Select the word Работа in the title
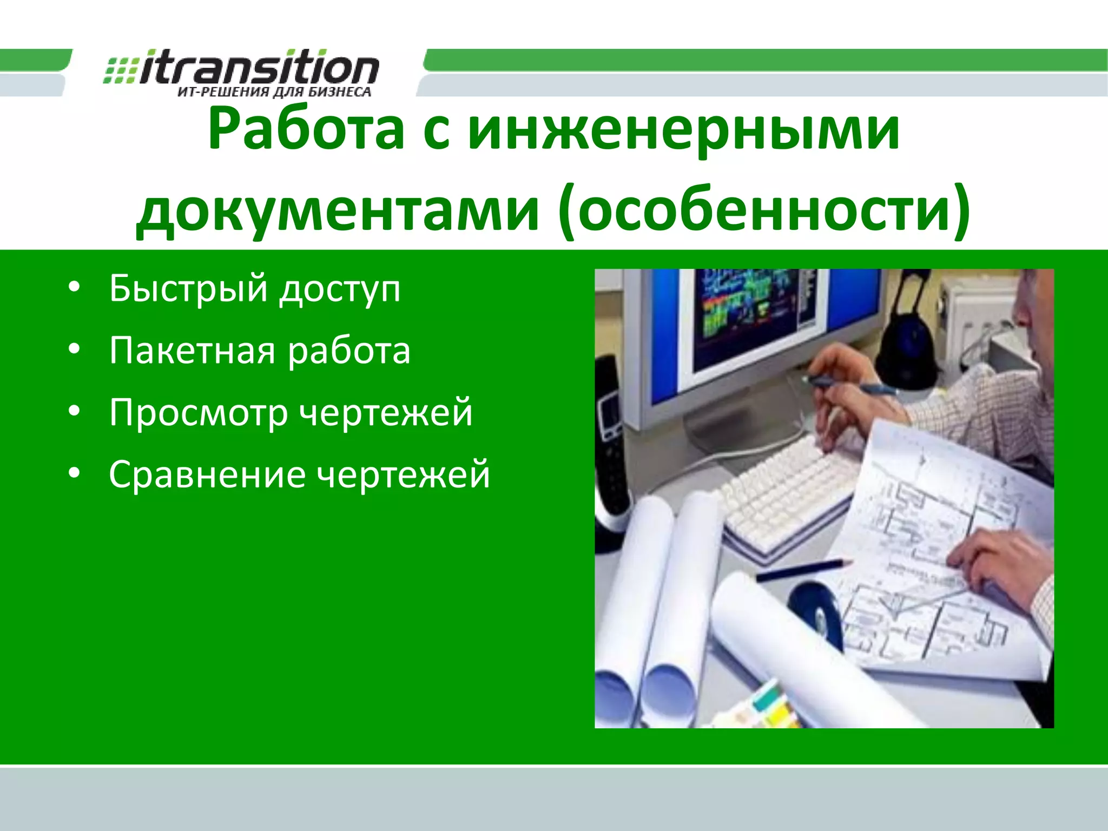click(306, 130)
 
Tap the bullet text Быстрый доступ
click(255, 288)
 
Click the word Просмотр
click(198, 413)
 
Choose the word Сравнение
click(207, 474)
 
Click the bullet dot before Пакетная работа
click(74, 349)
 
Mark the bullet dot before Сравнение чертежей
click(74, 473)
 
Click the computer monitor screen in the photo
click(757, 319)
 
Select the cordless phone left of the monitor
click(611, 433)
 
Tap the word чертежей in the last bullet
click(403, 474)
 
